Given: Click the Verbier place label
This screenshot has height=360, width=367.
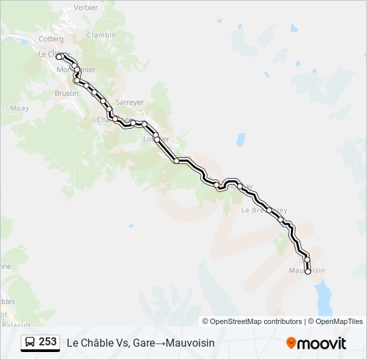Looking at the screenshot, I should click(85, 7).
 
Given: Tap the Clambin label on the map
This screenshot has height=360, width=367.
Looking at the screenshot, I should click(101, 35).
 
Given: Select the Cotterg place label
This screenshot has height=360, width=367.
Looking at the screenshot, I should click(51, 39).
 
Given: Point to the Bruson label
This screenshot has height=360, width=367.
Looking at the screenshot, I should click(66, 94).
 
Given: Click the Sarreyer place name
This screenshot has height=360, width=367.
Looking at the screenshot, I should click(129, 102).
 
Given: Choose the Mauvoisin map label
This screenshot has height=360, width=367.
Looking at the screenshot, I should click(308, 271).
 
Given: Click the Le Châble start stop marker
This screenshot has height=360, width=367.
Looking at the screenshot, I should click(59, 57).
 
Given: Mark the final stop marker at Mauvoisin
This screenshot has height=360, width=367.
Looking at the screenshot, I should click(308, 271).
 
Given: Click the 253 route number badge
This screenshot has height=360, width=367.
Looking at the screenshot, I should click(47, 342).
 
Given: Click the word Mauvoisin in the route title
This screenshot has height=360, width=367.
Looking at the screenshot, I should click(188, 343).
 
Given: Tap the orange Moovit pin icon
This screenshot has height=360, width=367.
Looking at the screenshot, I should click(291, 343).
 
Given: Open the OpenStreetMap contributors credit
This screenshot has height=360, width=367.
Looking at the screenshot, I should click(256, 321).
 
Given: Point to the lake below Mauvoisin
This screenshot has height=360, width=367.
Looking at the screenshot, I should click(323, 297).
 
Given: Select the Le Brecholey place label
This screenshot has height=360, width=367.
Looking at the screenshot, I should click(264, 209).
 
